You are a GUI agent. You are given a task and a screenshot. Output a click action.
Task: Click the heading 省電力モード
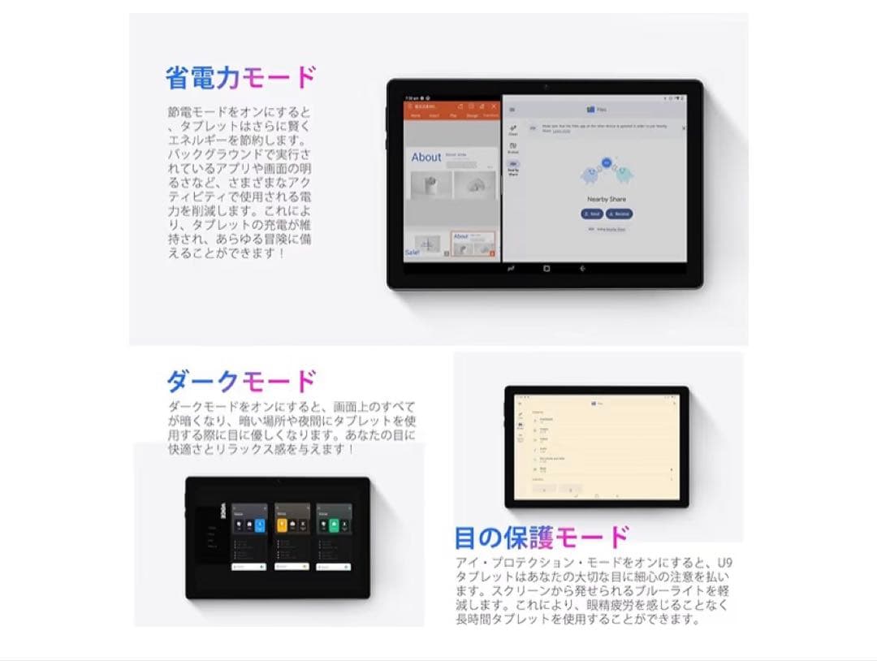coord(240,78)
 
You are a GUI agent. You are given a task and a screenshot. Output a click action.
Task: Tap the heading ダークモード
coord(241,381)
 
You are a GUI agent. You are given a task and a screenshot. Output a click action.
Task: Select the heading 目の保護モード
coord(542,537)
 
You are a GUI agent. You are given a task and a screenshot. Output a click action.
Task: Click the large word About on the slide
coord(426,158)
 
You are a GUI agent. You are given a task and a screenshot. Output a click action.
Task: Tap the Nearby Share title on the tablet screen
coord(605,199)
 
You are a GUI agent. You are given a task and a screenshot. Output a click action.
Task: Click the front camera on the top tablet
coord(545,86)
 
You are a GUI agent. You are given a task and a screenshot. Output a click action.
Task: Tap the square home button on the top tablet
coord(547,268)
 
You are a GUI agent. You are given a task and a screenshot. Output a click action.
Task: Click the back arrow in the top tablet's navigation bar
coord(582,268)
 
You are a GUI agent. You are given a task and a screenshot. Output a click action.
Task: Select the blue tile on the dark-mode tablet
coord(260,525)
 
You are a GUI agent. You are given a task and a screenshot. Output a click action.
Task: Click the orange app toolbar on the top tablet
coord(453,110)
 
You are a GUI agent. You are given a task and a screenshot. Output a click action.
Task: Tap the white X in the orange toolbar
coord(493,106)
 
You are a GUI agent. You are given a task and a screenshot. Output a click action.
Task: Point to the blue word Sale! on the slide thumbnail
coord(413,253)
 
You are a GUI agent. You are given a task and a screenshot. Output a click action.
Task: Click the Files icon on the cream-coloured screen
coord(594,403)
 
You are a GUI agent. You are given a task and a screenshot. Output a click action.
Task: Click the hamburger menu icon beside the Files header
coord(512,109)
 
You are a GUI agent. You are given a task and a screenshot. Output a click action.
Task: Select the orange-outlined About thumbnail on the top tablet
coord(473,244)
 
